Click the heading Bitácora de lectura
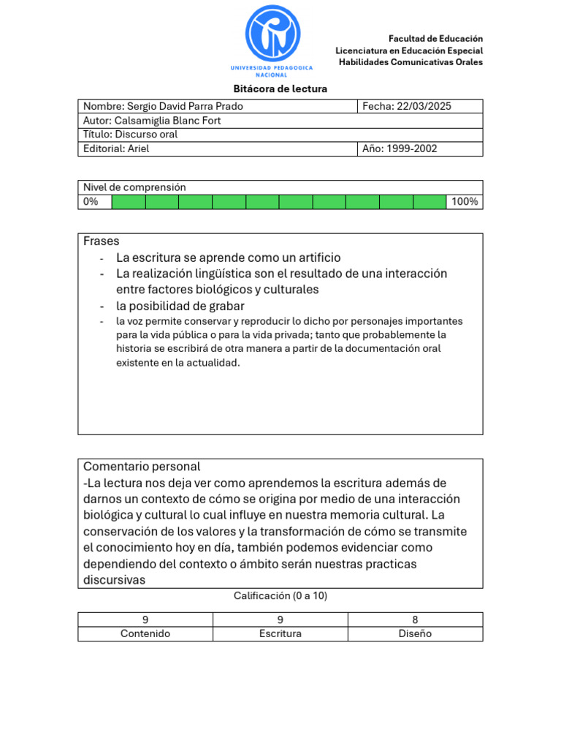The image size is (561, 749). [280, 89]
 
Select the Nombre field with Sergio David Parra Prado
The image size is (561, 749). [164, 107]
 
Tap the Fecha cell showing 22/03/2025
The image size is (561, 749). [407, 107]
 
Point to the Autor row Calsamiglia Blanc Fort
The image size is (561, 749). [152, 121]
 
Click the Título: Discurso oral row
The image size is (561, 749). [131, 135]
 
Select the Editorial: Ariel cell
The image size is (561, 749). [117, 148]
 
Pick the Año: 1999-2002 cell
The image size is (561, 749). [400, 148]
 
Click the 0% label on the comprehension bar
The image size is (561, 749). [91, 202]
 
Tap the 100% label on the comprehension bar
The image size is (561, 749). [465, 202]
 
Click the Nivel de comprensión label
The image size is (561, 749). [134, 187]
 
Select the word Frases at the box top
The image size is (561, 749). [102, 241]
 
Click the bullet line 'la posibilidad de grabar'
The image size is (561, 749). [180, 306]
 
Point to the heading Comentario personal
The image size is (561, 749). [142, 467]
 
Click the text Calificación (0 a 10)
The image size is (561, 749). [280, 596]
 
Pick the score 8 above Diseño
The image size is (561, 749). [415, 620]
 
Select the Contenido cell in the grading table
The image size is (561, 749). [145, 633]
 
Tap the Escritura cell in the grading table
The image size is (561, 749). [280, 633]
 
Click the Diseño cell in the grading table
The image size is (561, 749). [415, 633]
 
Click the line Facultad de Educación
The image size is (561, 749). [435, 38]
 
